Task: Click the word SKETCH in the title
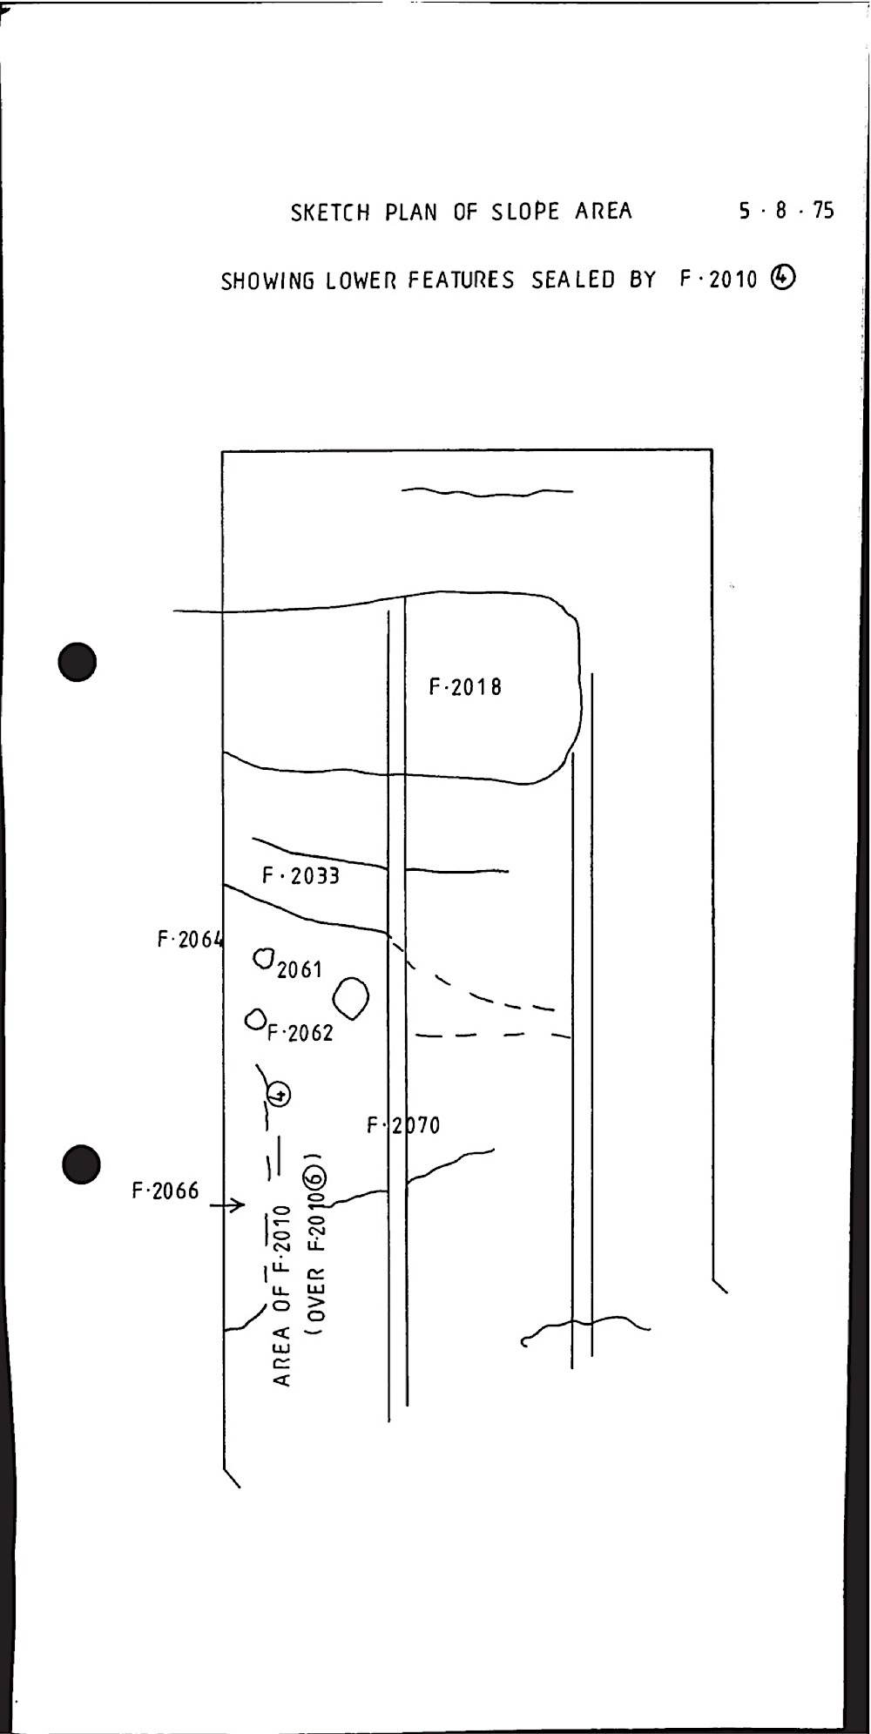[x=330, y=212]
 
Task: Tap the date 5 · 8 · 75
[x=787, y=210]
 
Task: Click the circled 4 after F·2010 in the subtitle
[x=783, y=278]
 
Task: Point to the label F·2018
[x=465, y=687]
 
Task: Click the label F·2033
[x=300, y=875]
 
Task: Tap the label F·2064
[x=190, y=940]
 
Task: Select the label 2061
[x=300, y=968]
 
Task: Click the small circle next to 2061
[x=264, y=958]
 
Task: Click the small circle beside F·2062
[x=255, y=1018]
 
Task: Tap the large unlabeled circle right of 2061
[x=352, y=998]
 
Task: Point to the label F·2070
[x=403, y=1125]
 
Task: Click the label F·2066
[x=165, y=1191]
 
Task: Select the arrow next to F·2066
[x=227, y=1205]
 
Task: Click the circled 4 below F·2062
[x=279, y=1094]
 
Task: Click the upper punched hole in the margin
[x=78, y=662]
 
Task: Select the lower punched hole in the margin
[x=83, y=1164]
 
